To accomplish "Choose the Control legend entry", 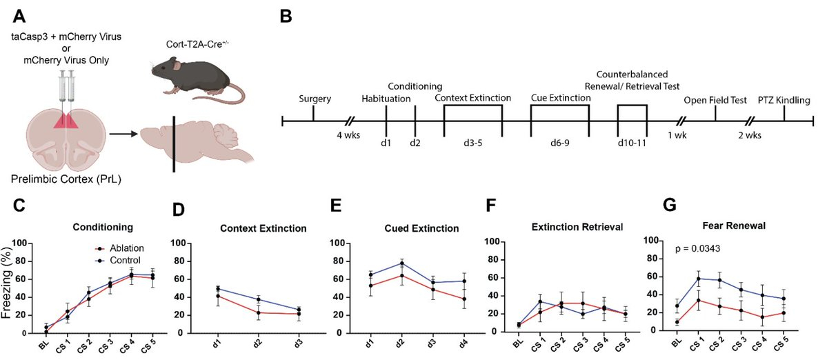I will [x=120, y=260].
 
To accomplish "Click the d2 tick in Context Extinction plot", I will [x=257, y=342].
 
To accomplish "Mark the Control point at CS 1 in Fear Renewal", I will [x=698, y=279].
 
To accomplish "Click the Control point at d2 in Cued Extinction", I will [x=401, y=263].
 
